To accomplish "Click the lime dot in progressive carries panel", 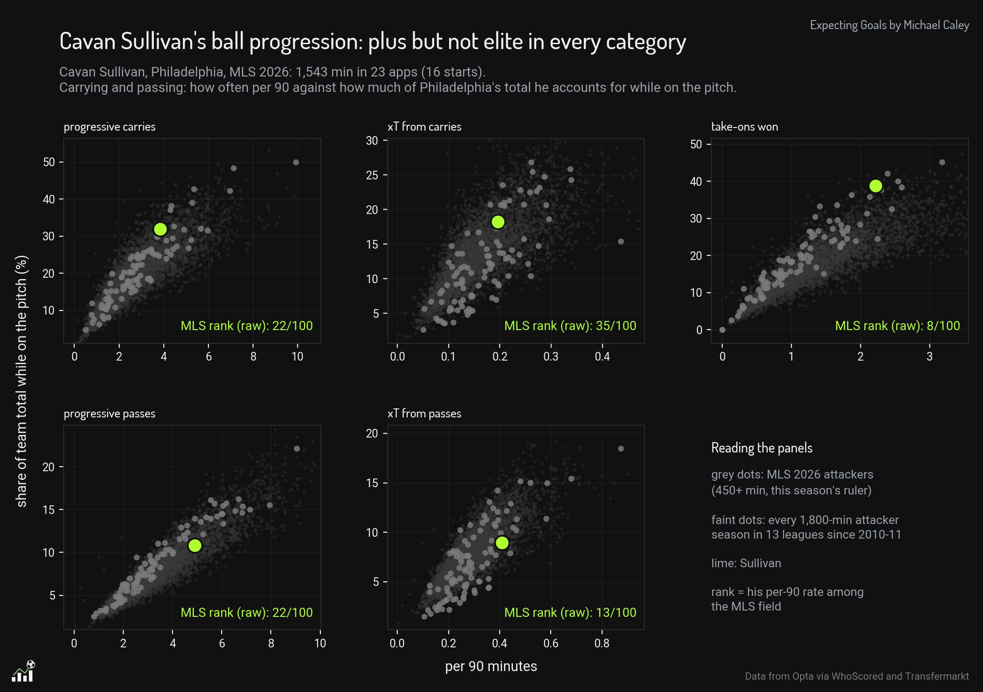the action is point(160,229).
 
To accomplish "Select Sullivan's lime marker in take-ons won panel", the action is point(876,186).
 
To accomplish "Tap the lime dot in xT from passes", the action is point(502,543).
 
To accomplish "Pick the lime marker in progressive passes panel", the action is point(195,545).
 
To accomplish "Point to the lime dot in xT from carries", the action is point(498,222).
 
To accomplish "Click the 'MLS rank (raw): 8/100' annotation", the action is point(897,326).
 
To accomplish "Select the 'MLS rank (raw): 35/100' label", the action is point(570,326).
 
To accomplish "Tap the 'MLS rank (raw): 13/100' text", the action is point(570,613).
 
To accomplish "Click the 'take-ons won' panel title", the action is point(745,127).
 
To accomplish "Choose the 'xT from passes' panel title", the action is point(424,413).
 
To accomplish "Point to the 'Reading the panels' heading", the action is point(762,448).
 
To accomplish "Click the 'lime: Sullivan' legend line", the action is point(746,563).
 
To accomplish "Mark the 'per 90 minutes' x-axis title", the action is point(491,667).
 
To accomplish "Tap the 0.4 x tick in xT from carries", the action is point(602,356).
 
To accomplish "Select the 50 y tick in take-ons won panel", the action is point(696,144).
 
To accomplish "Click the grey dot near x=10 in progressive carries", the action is point(296,163).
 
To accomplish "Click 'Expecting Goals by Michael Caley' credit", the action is point(890,25).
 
